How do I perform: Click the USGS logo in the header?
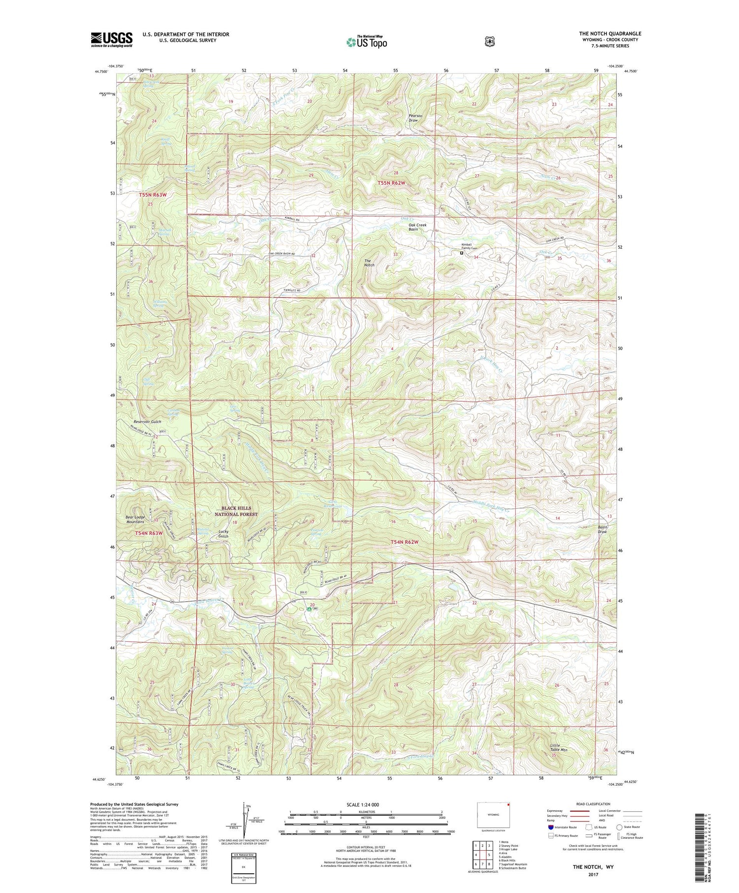coord(111,39)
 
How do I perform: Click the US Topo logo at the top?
coord(367,42)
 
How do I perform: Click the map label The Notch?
coord(369,263)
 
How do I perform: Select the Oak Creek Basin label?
coord(417,227)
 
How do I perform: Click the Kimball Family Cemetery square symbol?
coord(462,253)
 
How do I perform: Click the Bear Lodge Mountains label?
coord(135,519)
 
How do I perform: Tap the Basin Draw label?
coord(602,529)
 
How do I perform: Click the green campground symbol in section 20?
coord(309,609)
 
